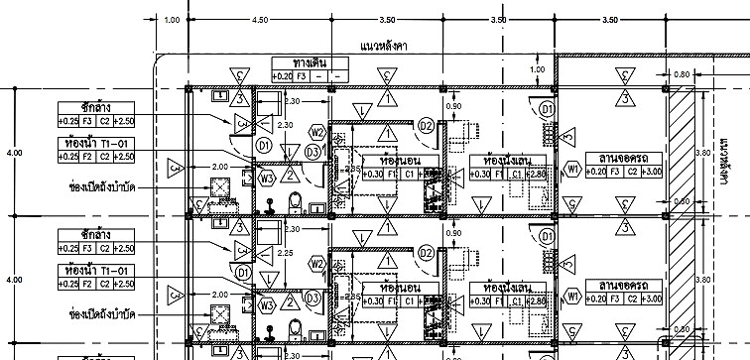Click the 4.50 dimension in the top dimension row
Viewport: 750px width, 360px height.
[x=261, y=19]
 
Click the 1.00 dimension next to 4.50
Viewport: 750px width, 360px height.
[x=173, y=19]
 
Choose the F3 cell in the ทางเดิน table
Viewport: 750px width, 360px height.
[x=306, y=75]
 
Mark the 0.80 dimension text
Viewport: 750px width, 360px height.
[x=682, y=74]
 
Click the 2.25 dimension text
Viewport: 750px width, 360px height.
[x=286, y=253]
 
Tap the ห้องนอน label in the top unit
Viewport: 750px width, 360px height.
[x=385, y=160]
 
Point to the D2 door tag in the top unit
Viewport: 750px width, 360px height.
[x=426, y=125]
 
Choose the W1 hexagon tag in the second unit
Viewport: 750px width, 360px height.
[x=572, y=297]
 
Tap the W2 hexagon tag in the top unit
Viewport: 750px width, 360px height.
[x=317, y=132]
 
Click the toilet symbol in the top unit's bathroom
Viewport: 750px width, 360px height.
[x=293, y=202]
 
